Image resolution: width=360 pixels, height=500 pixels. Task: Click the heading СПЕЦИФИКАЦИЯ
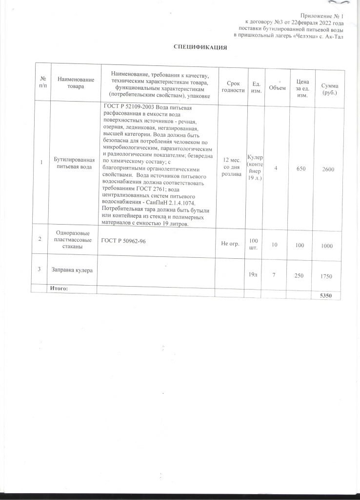click(201, 47)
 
